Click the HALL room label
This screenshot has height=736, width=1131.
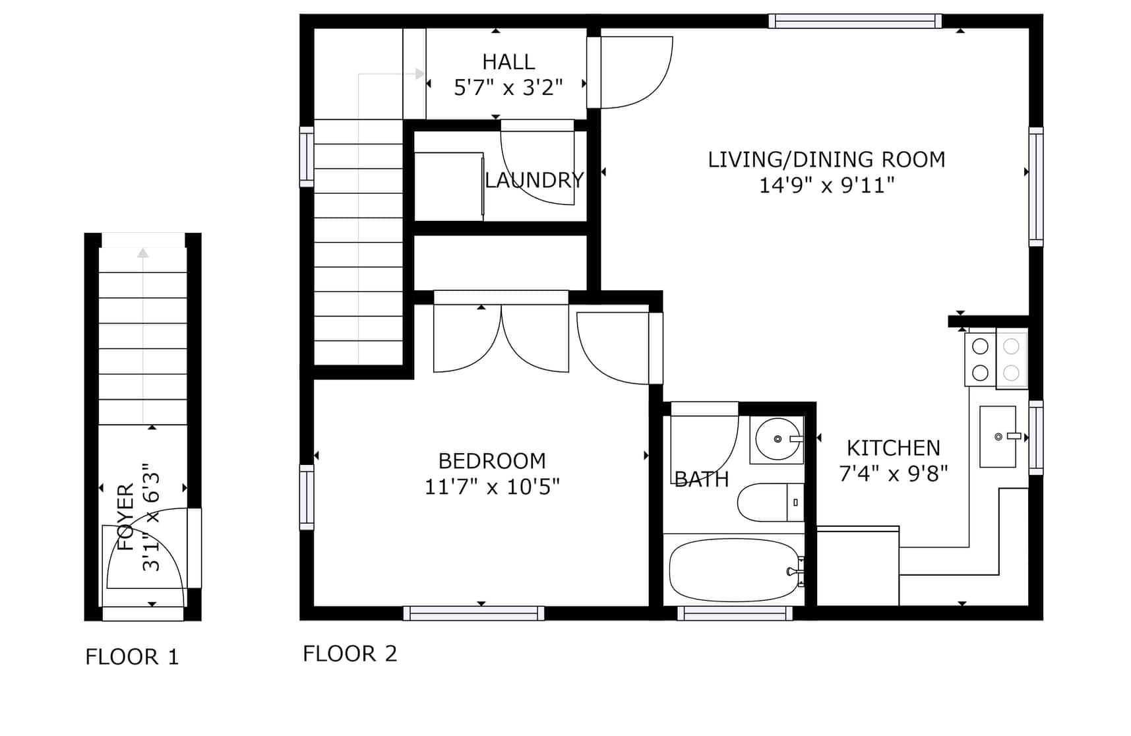point(508,62)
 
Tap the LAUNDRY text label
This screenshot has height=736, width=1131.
point(534,180)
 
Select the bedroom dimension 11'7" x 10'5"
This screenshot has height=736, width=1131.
point(492,487)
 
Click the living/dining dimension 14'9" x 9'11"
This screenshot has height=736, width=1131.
point(826,185)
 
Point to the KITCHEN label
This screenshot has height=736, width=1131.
point(894,448)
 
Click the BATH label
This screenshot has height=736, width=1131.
point(702,479)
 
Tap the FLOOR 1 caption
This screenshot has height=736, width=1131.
point(132,657)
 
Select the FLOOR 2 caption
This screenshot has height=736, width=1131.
point(350,654)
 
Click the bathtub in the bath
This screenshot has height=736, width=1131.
point(735,570)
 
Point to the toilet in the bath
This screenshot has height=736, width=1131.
point(770,503)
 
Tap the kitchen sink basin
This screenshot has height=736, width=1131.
point(997,437)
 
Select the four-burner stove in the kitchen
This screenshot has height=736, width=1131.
point(996,359)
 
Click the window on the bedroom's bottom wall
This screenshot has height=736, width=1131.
point(474,613)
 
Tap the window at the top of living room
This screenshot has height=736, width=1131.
point(855,21)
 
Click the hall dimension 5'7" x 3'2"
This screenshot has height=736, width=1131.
point(508,88)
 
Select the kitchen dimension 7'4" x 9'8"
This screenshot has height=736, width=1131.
point(894,474)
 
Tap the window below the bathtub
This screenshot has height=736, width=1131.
point(735,613)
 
